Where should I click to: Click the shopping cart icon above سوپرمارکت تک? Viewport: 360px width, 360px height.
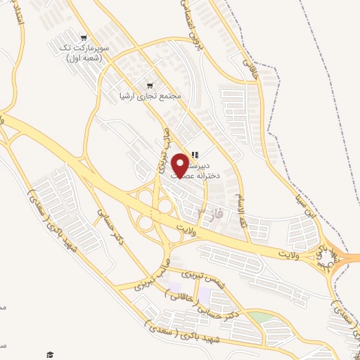click(x=84, y=38)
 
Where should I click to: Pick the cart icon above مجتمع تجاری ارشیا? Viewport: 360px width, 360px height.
click(x=149, y=83)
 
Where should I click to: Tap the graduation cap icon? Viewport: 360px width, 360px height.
click(x=49, y=354)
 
